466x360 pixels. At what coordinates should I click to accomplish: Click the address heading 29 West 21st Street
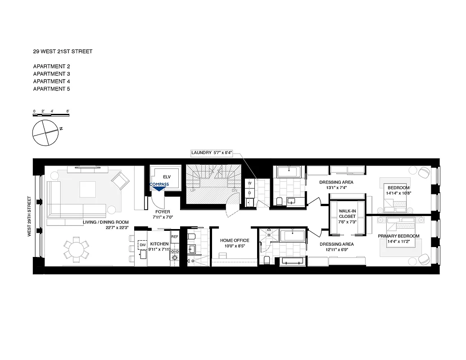click(x=63, y=51)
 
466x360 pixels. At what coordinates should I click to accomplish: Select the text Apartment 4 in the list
click(x=51, y=81)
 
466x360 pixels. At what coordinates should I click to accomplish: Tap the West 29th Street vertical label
click(x=30, y=216)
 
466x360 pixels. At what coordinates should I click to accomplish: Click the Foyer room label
click(x=163, y=211)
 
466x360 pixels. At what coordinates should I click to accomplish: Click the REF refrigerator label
click(x=174, y=235)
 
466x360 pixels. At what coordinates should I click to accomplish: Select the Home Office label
click(x=235, y=241)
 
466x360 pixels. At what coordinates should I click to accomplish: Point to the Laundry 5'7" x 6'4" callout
click(x=214, y=153)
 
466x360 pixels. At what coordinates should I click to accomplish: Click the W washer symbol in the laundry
click(x=249, y=183)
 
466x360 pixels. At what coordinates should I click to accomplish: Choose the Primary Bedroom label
click(x=398, y=236)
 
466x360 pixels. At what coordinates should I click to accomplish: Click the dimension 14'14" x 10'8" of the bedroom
click(x=398, y=193)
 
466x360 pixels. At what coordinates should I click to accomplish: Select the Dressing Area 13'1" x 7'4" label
click(x=336, y=185)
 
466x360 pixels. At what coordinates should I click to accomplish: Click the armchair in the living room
click(x=120, y=181)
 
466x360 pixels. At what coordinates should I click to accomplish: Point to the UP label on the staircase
click(x=193, y=191)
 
